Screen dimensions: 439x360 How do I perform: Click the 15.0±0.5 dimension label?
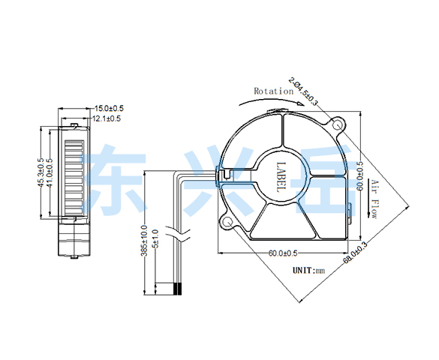pyautogui.click(x=109, y=108)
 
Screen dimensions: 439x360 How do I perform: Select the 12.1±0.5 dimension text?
pyautogui.click(x=107, y=118)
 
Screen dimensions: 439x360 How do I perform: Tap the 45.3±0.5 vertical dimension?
pyautogui.click(x=41, y=172)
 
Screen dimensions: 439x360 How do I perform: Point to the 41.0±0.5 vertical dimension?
pyautogui.click(x=50, y=172)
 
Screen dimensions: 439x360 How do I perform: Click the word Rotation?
pyautogui.click(x=274, y=91)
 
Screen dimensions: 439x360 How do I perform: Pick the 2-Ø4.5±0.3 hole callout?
pyautogui.click(x=303, y=91)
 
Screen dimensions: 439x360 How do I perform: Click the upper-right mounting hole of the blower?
pyautogui.click(x=337, y=124)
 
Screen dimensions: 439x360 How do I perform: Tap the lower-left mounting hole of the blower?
pyautogui.click(x=228, y=222)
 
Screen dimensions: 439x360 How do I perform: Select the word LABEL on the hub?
pyautogui.click(x=281, y=177)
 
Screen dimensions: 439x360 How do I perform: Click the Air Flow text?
pyautogui.click(x=374, y=199)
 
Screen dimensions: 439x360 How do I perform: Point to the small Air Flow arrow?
pyautogui.click(x=368, y=198)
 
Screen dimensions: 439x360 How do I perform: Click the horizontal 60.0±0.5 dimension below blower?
pyautogui.click(x=283, y=253)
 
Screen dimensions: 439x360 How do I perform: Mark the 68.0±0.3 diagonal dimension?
pyautogui.click(x=355, y=252)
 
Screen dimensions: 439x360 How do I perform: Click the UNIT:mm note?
pyautogui.click(x=309, y=271)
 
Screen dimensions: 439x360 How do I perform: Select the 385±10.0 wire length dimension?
pyautogui.click(x=144, y=241)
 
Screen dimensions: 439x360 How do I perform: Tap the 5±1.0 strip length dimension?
pyautogui.click(x=155, y=238)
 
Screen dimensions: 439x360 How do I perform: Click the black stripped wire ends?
pyautogui.click(x=178, y=289)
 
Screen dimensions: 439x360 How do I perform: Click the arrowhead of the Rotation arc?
pyautogui.click(x=301, y=104)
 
